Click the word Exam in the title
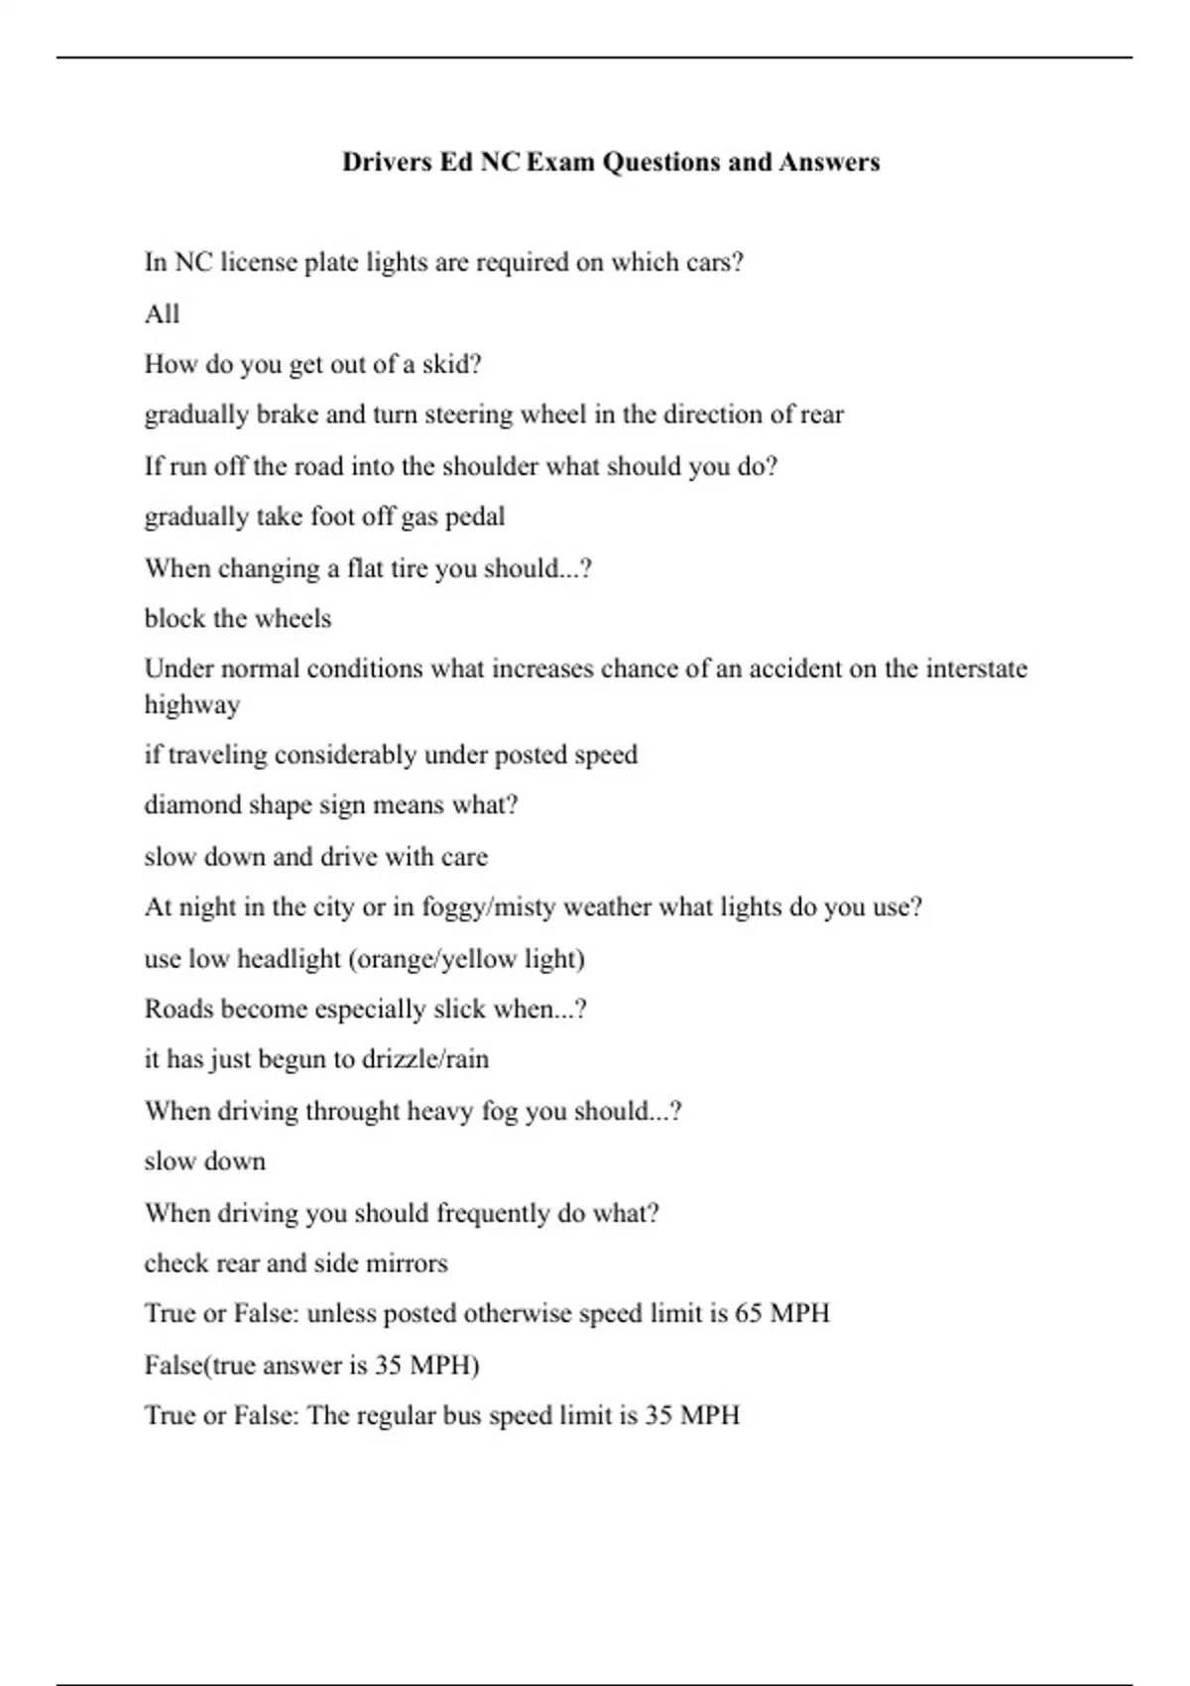point(560,162)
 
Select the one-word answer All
point(162,314)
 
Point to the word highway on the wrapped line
point(192,704)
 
